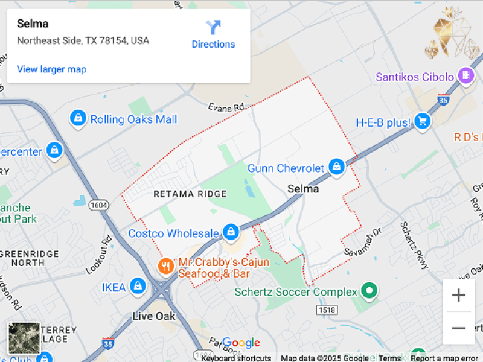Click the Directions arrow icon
point(213,28)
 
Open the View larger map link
point(51,69)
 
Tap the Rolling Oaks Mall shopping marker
point(78,118)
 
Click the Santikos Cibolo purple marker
point(465,76)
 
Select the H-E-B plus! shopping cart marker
point(422,122)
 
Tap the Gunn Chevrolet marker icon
point(336,167)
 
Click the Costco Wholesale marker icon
point(230,232)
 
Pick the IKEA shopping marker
point(138,286)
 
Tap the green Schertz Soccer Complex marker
point(369,292)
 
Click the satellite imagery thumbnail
point(24,338)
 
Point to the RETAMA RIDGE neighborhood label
point(190,194)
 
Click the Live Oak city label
point(154,316)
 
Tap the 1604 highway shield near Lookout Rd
point(98,205)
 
